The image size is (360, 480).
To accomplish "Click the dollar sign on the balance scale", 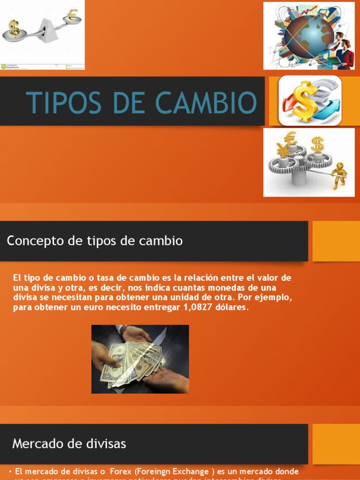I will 14,29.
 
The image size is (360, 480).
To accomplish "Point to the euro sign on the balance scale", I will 72,15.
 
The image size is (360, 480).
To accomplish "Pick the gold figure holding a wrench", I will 339,176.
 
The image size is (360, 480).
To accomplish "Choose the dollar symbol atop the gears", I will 317,144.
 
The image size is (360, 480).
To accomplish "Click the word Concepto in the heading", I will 35,241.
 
